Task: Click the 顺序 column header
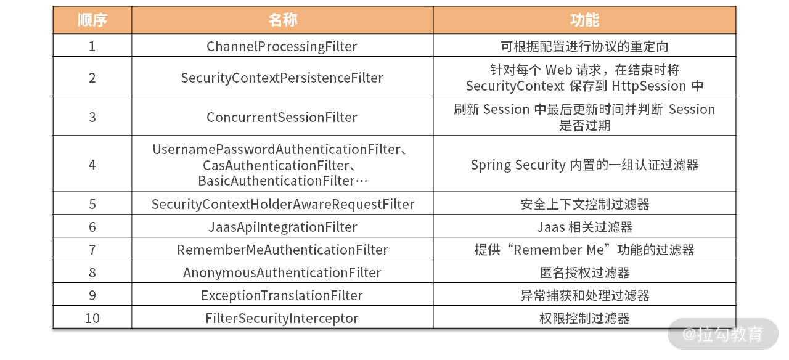coord(92,20)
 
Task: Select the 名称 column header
coord(282,20)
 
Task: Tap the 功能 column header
coord(584,20)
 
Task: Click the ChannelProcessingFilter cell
coord(282,46)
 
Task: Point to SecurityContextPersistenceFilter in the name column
coord(282,78)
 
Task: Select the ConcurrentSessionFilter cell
coord(282,117)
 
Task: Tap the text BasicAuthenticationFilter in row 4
coord(276,181)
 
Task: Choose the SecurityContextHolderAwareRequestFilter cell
coord(283,204)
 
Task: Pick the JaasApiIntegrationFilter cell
coord(282,227)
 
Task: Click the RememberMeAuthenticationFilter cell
coord(282,250)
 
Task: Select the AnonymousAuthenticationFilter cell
coord(282,272)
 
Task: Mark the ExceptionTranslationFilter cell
coord(282,295)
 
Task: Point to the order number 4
coord(92,165)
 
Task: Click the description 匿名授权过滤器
coord(584,272)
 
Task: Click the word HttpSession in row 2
coord(649,86)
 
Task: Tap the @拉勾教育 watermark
coord(722,334)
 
